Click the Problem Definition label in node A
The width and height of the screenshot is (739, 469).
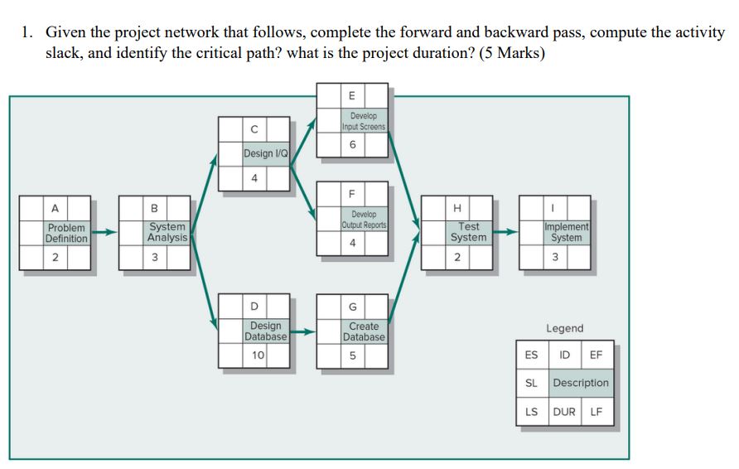67,233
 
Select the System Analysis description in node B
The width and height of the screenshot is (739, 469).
167,232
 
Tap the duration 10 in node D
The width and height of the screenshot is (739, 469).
258,355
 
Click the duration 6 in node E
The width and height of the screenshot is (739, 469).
353,143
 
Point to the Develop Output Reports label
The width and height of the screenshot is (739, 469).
363,220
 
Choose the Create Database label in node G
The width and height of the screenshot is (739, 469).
364,331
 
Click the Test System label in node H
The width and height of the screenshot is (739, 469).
468,232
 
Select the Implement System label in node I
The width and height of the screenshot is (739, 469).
567,232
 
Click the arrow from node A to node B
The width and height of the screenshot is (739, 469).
104,233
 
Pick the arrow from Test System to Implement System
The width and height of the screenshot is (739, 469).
505,233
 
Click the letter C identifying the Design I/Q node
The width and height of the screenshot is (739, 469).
254,129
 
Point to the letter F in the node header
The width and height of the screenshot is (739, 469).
352,195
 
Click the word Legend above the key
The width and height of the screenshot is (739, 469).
564,328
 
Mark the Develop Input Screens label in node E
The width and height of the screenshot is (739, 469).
363,121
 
